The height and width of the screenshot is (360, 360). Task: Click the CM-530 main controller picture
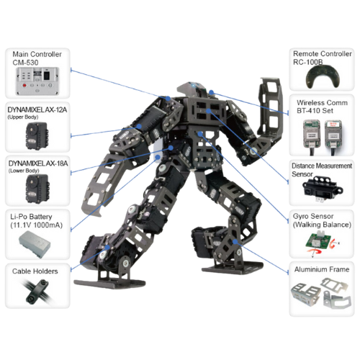click(37, 81)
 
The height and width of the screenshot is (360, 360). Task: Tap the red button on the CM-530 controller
click(24, 85)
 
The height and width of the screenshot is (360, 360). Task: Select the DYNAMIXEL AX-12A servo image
click(37, 136)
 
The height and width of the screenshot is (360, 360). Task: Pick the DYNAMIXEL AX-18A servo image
click(37, 189)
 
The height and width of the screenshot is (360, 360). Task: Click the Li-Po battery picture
click(35, 244)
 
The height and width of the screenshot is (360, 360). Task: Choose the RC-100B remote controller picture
click(323, 77)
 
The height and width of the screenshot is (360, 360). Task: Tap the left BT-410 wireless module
click(312, 134)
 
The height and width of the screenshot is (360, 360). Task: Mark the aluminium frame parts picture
click(321, 294)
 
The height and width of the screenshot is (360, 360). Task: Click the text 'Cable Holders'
click(35, 271)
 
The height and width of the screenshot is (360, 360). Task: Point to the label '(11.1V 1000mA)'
click(36, 225)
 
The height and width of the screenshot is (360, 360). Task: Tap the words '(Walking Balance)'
click(322, 225)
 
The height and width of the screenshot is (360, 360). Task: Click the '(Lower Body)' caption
click(24, 171)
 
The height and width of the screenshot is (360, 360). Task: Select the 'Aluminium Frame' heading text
click(322, 269)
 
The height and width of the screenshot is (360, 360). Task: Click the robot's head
click(192, 89)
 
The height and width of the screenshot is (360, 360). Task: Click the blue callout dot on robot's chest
click(209, 111)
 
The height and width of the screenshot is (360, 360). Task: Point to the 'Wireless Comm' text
click(322, 103)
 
